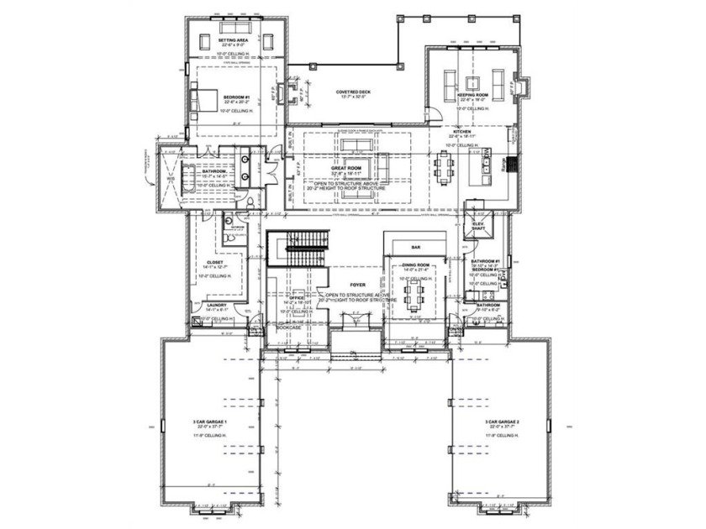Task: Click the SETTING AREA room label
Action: click(x=232, y=40)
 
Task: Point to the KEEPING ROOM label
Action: click(x=472, y=96)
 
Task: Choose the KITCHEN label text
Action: click(x=461, y=132)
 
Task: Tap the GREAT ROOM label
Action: click(x=345, y=168)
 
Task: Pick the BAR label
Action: click(x=415, y=248)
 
